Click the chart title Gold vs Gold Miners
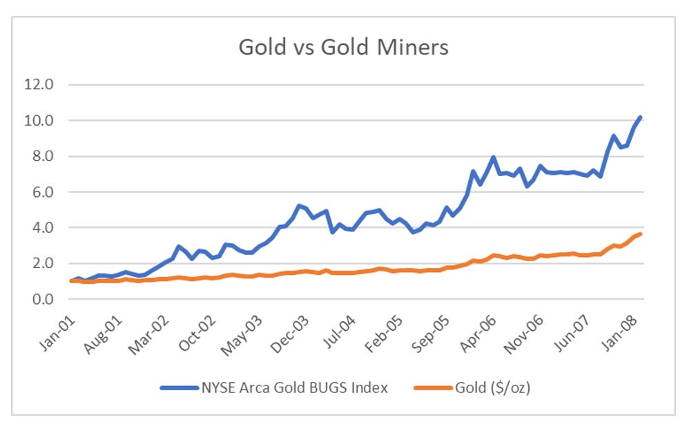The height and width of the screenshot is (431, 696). pos(343,48)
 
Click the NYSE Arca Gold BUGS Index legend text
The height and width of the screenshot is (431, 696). pos(293,387)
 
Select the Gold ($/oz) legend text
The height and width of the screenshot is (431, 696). pos(492,387)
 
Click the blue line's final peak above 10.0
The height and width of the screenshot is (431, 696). pos(641,117)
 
